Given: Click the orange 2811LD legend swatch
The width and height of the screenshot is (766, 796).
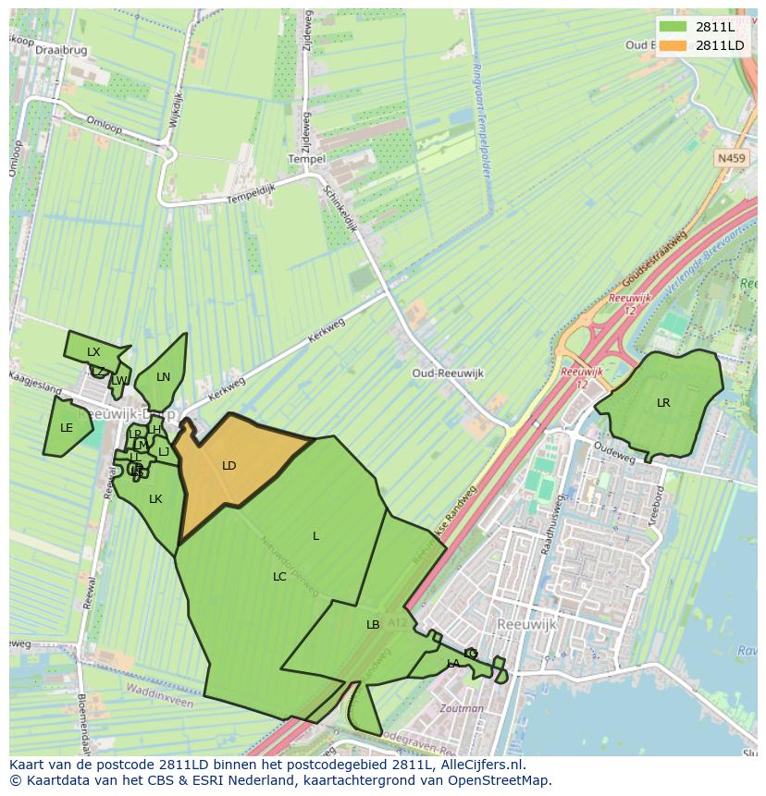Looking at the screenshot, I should pos(673,45).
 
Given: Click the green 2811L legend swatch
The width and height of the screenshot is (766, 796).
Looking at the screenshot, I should pos(673,27).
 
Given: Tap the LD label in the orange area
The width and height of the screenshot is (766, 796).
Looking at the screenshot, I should pos(229,466).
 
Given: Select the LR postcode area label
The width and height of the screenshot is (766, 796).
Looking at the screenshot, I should pos(663,403).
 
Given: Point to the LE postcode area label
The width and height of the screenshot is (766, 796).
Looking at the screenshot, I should pos(67,428).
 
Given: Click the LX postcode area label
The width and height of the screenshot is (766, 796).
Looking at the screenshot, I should pos(93,352).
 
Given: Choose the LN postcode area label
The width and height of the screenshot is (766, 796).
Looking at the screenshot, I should pos(164,377).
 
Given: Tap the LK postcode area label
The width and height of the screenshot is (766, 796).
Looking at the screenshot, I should pos(155,499).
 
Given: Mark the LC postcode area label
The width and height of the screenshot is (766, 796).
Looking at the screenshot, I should pos(279,577).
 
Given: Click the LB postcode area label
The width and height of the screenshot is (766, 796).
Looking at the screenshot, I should pos(373,625).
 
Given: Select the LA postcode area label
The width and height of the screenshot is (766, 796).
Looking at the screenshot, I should pos(453,664).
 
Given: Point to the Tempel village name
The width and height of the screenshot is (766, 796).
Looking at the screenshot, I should pos(307,159).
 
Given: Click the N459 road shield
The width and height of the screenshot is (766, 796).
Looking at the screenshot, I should pos(731,159).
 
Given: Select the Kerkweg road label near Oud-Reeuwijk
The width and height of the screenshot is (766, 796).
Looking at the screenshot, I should pos(325,333).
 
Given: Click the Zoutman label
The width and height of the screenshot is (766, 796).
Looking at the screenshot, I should pos(463,709).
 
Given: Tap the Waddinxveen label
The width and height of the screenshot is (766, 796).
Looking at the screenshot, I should pos(160,703).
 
